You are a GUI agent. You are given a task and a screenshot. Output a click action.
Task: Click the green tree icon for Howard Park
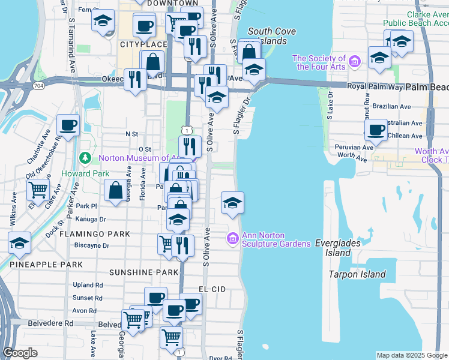pos(85,158)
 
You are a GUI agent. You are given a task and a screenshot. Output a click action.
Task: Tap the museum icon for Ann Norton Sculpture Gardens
pos(233,239)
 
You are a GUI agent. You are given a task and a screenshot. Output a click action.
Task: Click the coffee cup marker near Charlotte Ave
pos(68,126)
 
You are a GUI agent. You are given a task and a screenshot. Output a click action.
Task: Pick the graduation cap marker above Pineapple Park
pos(19,243)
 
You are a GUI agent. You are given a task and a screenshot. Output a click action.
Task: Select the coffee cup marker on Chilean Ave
pos(376,130)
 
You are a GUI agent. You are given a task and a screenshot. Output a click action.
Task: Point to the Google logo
pos(20,353)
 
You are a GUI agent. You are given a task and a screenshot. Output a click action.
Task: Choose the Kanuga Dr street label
pos(90,220)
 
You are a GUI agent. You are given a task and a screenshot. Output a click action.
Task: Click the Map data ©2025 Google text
pos(412,355)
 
